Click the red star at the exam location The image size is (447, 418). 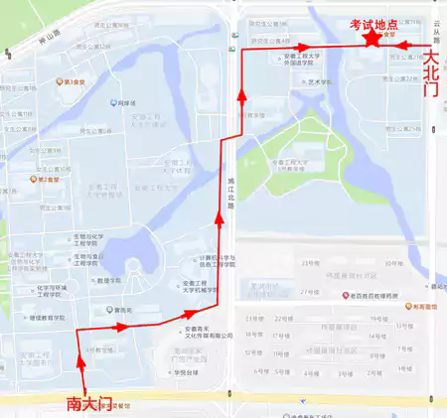(x=372, y=39)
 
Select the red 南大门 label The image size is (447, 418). (x=87, y=404)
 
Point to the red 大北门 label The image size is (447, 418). (x=431, y=74)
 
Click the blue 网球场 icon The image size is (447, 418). (x=115, y=102)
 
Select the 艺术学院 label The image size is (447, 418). (x=318, y=82)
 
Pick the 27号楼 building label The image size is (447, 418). (x=311, y=293)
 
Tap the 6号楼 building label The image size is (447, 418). (x=262, y=370)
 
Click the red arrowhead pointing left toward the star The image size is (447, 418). (x=401, y=44)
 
